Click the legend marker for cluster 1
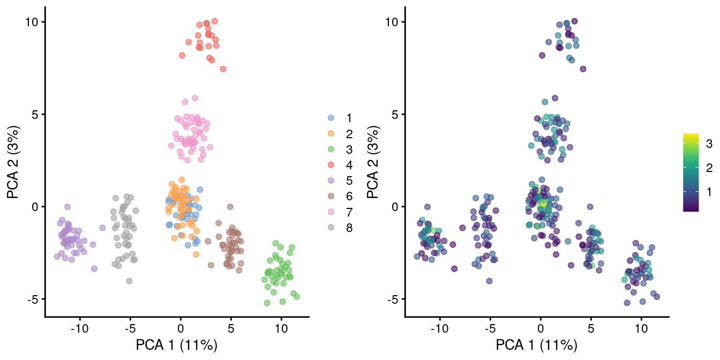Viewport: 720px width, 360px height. click(331, 118)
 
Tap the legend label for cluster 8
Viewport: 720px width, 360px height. click(349, 228)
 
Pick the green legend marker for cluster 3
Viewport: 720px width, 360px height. click(331, 149)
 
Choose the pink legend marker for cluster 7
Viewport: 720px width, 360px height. click(331, 212)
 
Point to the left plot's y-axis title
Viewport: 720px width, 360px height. click(13, 161)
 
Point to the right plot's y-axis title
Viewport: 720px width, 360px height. click(373, 161)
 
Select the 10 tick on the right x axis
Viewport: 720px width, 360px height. click(641, 327)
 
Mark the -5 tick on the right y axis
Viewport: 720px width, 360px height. click(393, 299)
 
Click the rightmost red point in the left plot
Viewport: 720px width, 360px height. click(223, 69)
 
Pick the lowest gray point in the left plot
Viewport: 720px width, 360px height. click(129, 281)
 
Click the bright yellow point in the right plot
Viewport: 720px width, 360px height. click(543, 203)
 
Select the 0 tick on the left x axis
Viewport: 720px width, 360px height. click(181, 327)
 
